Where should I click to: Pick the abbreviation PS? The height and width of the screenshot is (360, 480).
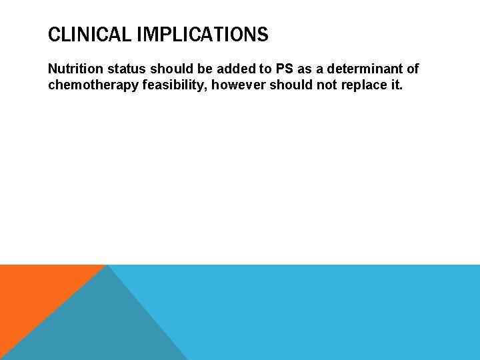(275, 69)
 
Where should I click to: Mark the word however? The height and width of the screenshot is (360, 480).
(238, 85)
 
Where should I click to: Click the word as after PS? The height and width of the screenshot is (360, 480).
(297, 69)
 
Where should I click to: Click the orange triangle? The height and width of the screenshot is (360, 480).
(33, 293)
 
